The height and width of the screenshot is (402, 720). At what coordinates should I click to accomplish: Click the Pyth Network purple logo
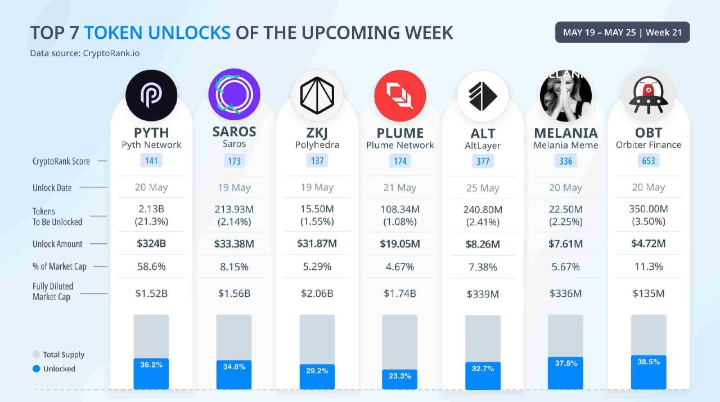[x=151, y=96]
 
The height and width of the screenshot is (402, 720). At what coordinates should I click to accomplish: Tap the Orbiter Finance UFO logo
[x=648, y=96]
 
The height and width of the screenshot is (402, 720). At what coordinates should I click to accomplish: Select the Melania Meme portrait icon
[x=565, y=96]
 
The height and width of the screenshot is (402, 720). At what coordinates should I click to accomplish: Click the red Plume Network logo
[x=400, y=96]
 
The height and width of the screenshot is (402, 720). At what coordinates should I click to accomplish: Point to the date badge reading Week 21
[x=622, y=32]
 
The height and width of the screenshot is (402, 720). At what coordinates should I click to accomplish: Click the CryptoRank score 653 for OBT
[x=648, y=161]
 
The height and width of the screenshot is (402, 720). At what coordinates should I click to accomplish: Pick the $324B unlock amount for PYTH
[x=151, y=244]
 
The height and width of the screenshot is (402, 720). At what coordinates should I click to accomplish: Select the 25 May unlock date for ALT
[x=483, y=188]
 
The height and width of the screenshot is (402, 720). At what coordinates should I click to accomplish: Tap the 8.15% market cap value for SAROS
[x=234, y=267]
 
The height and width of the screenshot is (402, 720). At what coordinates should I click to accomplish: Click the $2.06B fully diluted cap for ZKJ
[x=317, y=293]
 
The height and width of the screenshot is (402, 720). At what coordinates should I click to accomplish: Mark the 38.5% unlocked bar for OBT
[x=648, y=372]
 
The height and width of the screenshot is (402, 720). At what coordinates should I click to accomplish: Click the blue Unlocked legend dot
[x=37, y=369]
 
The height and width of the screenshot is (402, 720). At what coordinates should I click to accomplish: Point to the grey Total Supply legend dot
[x=37, y=355]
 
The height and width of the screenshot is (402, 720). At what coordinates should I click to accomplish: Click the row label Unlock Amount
[x=57, y=244]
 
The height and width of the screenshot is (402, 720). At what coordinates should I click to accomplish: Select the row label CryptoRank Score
[x=61, y=161]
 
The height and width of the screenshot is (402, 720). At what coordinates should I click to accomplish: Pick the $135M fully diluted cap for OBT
[x=648, y=293]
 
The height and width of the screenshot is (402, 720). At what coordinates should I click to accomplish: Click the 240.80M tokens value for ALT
[x=483, y=210]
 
